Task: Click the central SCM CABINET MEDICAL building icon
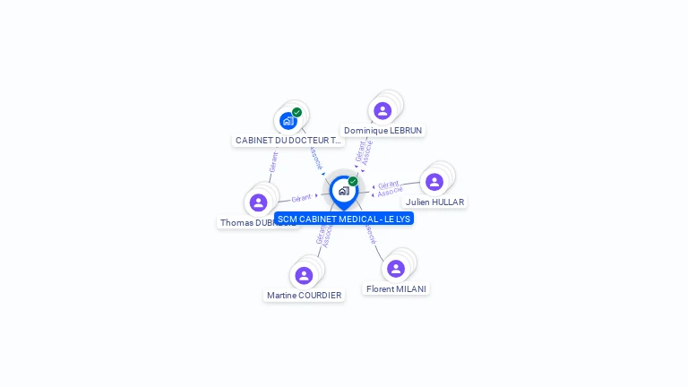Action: coord(343,191)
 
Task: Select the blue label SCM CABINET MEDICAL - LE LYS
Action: coord(344,219)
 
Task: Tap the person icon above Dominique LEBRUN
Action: coord(383,111)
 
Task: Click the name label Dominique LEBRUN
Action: coord(383,131)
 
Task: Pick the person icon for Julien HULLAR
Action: coord(434,182)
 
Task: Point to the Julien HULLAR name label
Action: coord(434,202)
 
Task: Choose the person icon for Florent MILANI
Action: coord(396,269)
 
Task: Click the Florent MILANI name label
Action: coord(396,289)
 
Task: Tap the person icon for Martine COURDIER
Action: coord(304,275)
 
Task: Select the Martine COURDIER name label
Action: coord(304,296)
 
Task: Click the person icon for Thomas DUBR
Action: coord(258,202)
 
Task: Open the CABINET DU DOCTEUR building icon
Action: coord(288,121)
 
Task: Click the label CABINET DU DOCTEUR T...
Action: coord(288,141)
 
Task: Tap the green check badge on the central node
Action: coord(353,182)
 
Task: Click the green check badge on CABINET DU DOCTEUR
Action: coord(297,113)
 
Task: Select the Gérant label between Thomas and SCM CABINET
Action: coord(301,197)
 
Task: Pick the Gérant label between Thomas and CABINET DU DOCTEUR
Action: coord(273,161)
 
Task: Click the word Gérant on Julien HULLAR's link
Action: coord(388,185)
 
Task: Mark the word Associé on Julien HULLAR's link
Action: coord(390,192)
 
